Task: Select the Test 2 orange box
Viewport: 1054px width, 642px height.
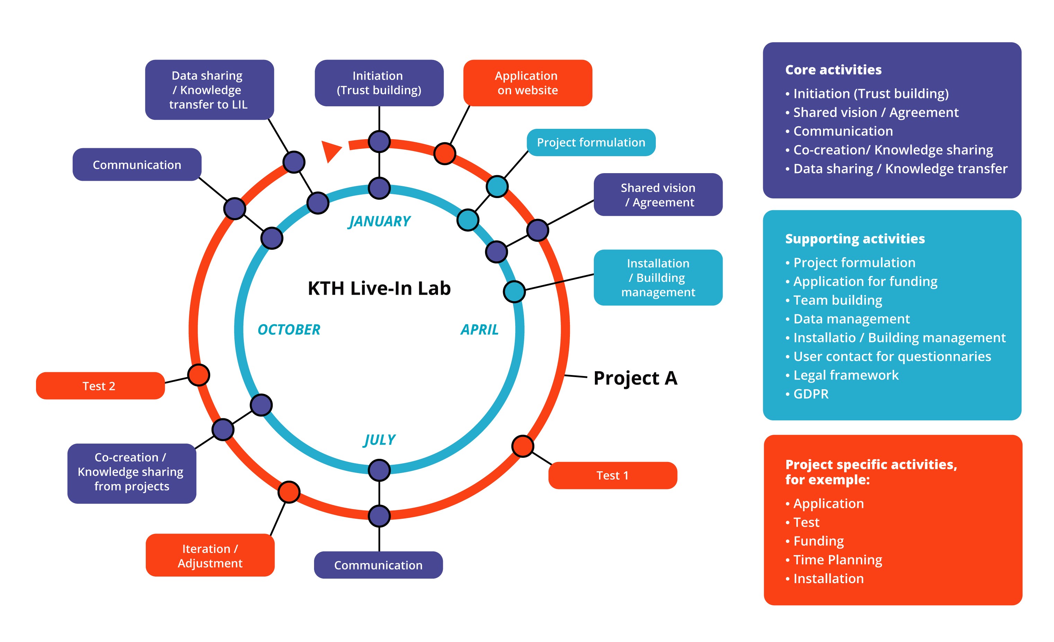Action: click(100, 386)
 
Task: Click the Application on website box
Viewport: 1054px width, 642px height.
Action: click(527, 83)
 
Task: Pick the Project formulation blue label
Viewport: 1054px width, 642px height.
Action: click(591, 142)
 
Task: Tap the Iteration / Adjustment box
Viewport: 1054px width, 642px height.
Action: click(210, 555)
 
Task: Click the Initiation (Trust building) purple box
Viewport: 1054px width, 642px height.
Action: click(379, 83)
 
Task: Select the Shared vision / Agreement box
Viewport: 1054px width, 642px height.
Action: click(658, 195)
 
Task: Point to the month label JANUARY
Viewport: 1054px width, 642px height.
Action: click(379, 221)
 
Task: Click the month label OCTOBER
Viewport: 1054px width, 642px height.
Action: click(289, 329)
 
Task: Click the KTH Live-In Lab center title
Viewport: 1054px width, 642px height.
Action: click(379, 288)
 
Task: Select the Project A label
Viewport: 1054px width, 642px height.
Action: click(635, 378)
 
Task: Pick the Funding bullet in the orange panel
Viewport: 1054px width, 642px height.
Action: click(818, 541)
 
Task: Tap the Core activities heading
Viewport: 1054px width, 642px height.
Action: click(833, 70)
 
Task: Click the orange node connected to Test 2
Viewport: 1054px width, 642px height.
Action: click(199, 375)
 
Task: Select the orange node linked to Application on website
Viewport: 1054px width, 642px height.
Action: click(445, 153)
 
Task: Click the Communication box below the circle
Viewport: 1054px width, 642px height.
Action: click(378, 565)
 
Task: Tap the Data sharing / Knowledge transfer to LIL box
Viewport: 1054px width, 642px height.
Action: click(209, 90)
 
